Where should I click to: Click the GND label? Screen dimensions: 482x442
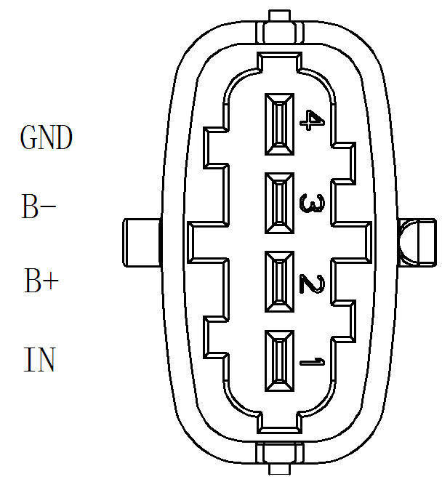tap(47, 137)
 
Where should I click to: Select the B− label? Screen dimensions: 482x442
tap(39, 209)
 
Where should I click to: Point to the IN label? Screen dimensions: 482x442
tap(41, 360)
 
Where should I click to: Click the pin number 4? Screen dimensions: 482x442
tap(310, 121)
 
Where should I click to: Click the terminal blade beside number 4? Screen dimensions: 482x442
tap(280, 124)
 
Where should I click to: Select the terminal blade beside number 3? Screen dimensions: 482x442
tap(280, 204)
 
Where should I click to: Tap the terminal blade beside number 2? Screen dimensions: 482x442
tap(280, 282)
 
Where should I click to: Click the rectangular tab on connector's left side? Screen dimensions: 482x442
tap(140, 242)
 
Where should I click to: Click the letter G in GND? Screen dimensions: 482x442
tap(29, 137)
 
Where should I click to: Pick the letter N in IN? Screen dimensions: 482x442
tap(47, 360)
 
